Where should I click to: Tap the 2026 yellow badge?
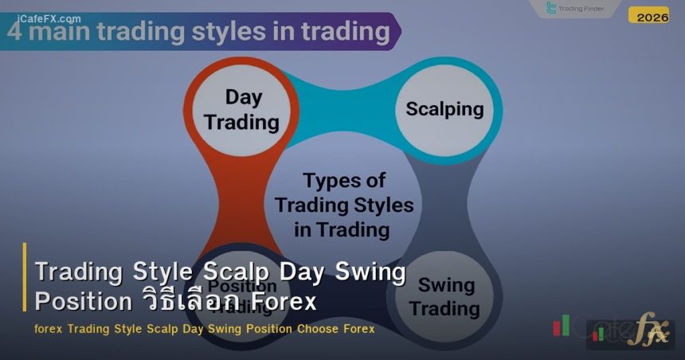click(652, 16)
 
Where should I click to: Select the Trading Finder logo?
click(574, 9)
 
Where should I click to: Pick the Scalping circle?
click(444, 109)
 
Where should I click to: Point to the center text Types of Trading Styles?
click(344, 205)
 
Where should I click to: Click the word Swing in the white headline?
click(374, 272)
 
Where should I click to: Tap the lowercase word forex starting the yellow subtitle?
click(49, 328)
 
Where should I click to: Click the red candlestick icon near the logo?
click(562, 325)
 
